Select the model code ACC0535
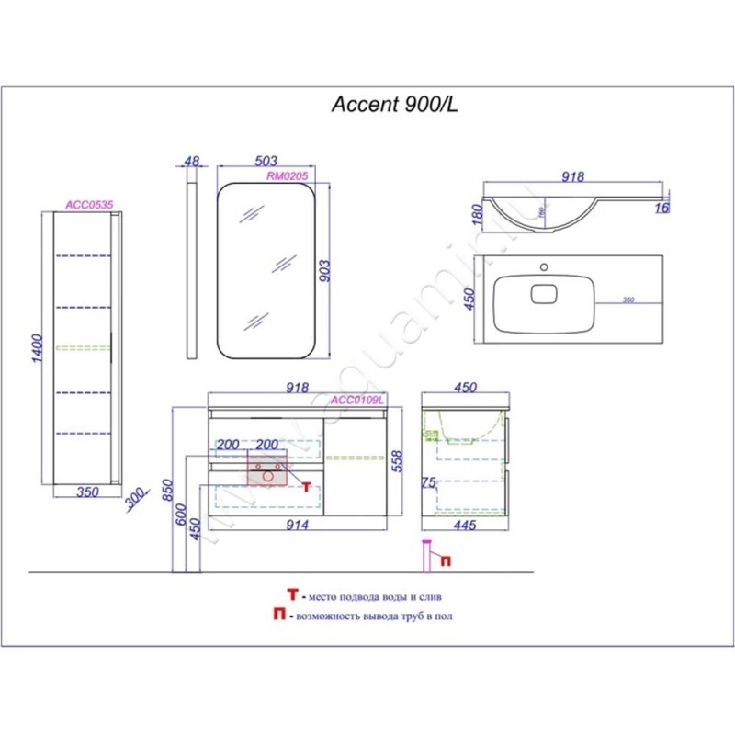pyautogui.click(x=89, y=206)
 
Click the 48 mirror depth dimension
pyautogui.click(x=191, y=161)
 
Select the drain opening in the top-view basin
pyautogui.click(x=544, y=294)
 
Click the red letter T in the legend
pyautogui.click(x=291, y=595)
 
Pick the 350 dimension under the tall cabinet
pyautogui.click(x=86, y=492)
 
